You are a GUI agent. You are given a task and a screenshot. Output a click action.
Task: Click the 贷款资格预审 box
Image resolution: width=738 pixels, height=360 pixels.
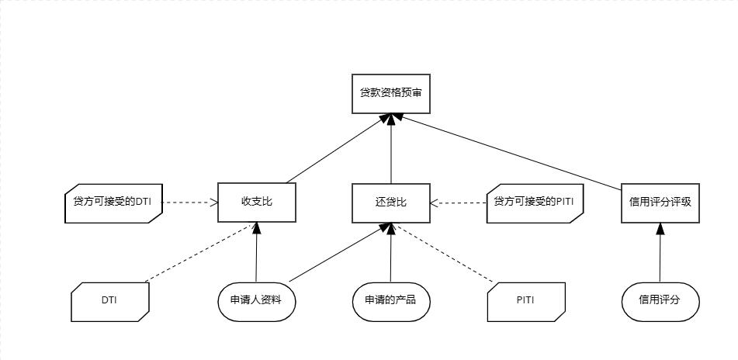(x=390, y=92)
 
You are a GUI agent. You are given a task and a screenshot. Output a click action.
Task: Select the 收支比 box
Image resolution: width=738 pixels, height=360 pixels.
(x=256, y=202)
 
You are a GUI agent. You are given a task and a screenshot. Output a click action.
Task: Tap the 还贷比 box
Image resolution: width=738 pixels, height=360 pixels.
(x=390, y=202)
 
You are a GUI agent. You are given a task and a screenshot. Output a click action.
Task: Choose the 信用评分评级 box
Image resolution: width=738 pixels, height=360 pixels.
(x=660, y=202)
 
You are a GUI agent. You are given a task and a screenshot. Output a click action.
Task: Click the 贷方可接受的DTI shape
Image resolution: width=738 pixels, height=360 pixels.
(x=110, y=202)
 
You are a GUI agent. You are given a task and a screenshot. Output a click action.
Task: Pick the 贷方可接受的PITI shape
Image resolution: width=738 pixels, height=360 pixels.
(x=534, y=202)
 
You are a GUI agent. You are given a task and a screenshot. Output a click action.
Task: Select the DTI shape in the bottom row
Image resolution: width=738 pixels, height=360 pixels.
(x=109, y=300)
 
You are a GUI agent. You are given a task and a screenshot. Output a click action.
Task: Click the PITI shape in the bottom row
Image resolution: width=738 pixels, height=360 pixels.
(x=525, y=300)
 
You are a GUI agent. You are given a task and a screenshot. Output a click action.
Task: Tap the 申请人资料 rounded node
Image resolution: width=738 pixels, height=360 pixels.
(x=256, y=300)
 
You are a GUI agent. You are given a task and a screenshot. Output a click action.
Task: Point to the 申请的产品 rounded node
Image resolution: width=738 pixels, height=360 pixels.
(x=390, y=300)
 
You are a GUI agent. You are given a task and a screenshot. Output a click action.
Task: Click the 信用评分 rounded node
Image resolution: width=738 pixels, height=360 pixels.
(x=660, y=300)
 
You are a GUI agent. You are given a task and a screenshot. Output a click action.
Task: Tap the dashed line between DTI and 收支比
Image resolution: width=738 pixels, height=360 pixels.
(x=199, y=252)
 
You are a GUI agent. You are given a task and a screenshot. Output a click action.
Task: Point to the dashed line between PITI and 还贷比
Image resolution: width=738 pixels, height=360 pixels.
(x=442, y=252)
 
